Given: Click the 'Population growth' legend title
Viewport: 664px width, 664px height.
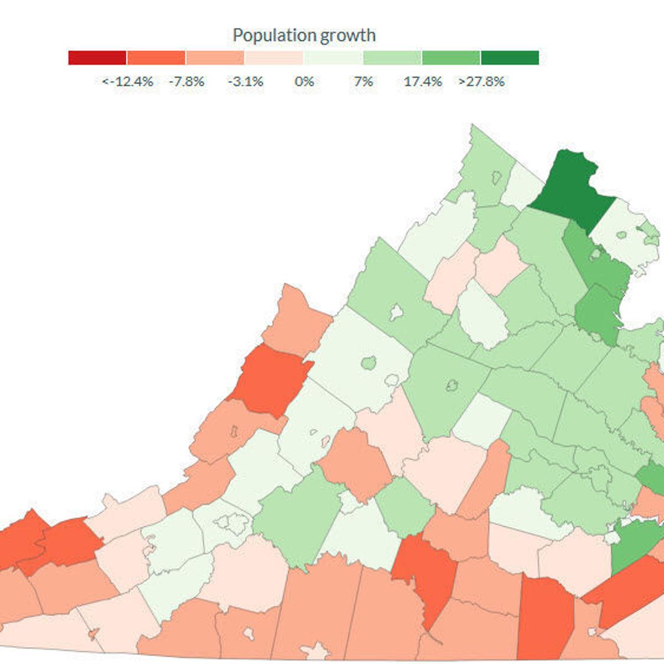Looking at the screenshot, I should coord(304,35).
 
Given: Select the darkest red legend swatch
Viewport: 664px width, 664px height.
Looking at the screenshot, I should coord(97,58).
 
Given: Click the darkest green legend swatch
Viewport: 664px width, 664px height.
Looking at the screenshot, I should coord(510,58).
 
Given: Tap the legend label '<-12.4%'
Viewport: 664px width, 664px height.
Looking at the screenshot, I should coord(127,82).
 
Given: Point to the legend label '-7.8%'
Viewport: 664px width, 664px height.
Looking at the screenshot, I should coord(186,82).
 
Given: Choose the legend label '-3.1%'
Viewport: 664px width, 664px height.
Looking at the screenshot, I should coord(245,82).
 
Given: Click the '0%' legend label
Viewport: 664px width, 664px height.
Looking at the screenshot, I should coord(304,82).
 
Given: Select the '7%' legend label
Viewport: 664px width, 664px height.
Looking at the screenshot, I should coord(363,82).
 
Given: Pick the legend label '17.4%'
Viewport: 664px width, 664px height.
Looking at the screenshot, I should coord(423,82).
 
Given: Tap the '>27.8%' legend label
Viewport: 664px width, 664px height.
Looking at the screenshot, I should coord(481,82).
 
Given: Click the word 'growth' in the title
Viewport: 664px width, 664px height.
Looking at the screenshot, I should coord(344,35).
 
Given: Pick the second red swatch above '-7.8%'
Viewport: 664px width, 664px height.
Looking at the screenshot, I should coord(156,58).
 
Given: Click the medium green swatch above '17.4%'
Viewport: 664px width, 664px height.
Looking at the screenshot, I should coord(450,58).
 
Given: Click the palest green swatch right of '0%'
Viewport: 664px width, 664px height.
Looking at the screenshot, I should coord(333,58).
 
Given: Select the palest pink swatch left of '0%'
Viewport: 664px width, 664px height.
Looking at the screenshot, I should coord(274,58).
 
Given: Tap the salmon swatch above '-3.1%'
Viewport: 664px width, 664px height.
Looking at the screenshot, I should coord(215,58).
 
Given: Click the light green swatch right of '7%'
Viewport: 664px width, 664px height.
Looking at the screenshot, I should coord(392,58).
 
